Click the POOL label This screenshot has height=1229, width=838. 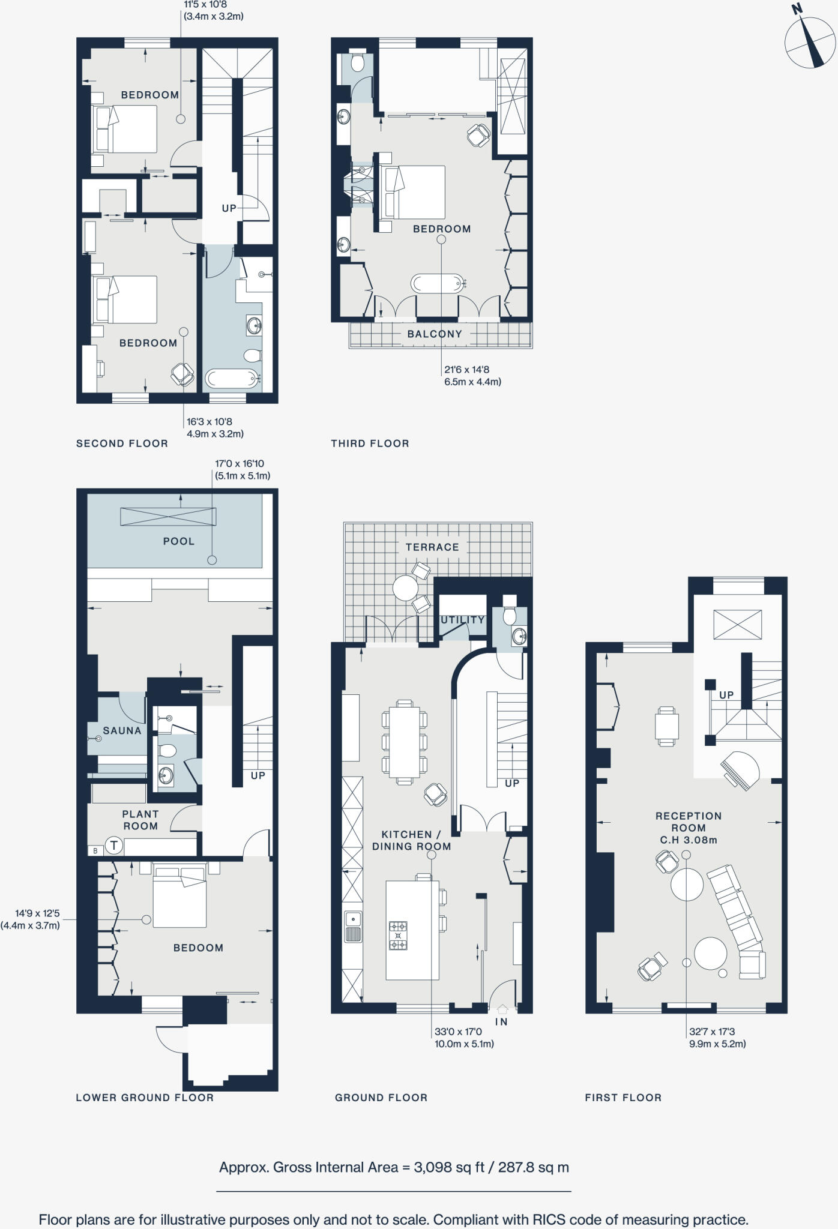tap(179, 541)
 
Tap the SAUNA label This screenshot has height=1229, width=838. tap(122, 731)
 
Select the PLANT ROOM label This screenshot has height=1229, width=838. tap(140, 820)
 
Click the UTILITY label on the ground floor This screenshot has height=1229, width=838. tap(462, 620)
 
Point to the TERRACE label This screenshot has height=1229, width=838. tap(432, 547)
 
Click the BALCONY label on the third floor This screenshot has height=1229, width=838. tap(435, 334)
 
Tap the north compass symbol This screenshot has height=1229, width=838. tap(810, 42)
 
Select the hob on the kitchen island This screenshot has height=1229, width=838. tap(398, 936)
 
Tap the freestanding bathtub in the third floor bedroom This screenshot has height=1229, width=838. tap(438, 283)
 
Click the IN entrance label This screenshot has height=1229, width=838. tap(501, 1022)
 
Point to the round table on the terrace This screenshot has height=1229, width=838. tap(405, 587)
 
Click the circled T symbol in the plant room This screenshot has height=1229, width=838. tap(114, 846)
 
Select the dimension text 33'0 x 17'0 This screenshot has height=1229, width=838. tap(458, 1032)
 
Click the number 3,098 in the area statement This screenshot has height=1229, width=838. tap(434, 1167)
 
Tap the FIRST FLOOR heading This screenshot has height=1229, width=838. tap(623, 1098)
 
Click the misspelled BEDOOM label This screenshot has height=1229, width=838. tap(198, 948)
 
